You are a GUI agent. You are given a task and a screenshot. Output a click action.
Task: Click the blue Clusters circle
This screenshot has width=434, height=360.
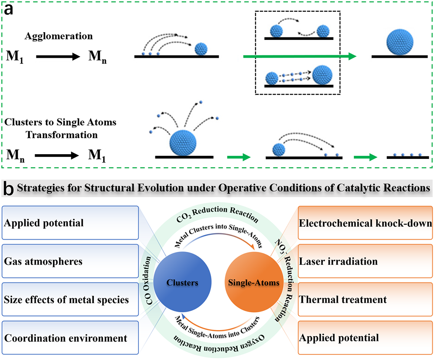(182, 282)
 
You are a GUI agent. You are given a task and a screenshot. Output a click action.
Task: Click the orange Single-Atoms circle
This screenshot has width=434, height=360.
(253, 282)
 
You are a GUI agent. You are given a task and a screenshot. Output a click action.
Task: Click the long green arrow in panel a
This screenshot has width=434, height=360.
(299, 56)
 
